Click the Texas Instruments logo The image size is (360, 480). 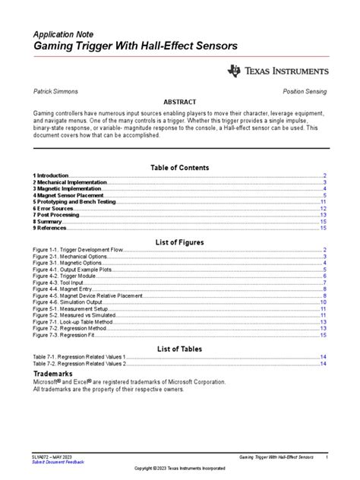tap(278, 71)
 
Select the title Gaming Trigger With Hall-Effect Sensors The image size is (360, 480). tap(134, 47)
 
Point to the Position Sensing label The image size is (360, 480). tap(305, 91)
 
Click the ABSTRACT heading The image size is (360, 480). tap(180, 102)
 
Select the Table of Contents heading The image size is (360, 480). tap(180, 167)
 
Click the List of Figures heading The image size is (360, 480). tap(180, 242)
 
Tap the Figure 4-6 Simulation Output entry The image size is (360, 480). tap(69, 302)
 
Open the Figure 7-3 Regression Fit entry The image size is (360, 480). tap(65, 335)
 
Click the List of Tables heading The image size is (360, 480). tap(180, 349)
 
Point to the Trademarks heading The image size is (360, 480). tap(52, 374)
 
